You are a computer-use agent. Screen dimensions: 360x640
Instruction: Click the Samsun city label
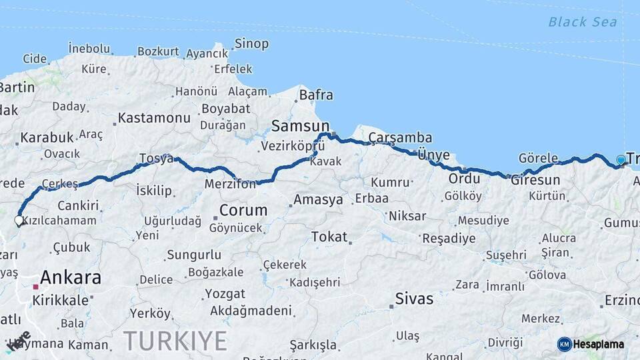(x=301, y=126)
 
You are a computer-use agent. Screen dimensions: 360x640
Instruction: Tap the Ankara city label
(x=71, y=277)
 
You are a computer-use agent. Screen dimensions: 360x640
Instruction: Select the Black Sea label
(x=582, y=22)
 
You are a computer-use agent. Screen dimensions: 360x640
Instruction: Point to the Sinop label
(x=251, y=44)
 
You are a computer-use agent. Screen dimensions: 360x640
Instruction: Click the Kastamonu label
(x=154, y=118)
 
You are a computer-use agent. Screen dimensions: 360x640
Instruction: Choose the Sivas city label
(x=414, y=298)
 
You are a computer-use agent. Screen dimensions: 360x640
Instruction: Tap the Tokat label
(x=329, y=237)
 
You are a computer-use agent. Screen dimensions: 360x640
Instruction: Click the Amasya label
(x=318, y=199)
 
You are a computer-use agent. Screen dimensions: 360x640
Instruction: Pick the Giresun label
(x=535, y=180)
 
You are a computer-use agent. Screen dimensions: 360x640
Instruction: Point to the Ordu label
(x=464, y=179)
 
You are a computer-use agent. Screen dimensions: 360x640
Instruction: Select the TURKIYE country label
(x=175, y=341)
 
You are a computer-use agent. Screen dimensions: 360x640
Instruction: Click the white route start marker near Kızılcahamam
(x=19, y=219)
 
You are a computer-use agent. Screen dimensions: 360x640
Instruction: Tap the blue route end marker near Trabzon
(x=621, y=160)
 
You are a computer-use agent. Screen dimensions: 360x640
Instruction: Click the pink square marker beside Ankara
(x=35, y=287)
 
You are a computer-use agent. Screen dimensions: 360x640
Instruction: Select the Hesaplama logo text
(x=600, y=344)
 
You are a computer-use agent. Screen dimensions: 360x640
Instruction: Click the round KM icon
(x=564, y=344)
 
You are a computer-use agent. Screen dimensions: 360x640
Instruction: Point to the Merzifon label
(x=230, y=183)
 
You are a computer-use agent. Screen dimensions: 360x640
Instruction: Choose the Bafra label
(x=316, y=95)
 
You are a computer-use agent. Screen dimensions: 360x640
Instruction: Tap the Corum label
(x=243, y=211)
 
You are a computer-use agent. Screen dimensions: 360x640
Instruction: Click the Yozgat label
(x=225, y=293)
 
